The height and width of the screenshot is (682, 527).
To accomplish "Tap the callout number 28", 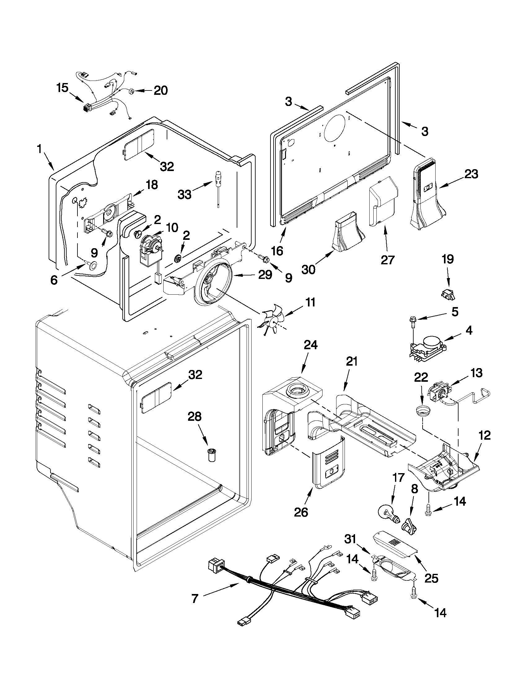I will coord(194,416).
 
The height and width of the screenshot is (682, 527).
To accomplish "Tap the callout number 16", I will coord(277,250).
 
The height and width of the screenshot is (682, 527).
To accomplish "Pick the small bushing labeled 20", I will coord(131,91).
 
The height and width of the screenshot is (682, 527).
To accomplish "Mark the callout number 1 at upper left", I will coord(40,150).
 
